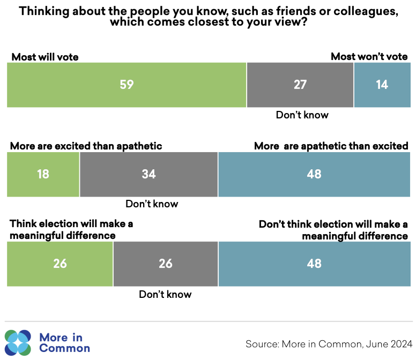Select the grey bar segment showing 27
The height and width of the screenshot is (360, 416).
[300, 85]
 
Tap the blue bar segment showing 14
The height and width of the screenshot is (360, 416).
[382, 85]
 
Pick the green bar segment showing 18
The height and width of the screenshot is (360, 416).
[43, 174]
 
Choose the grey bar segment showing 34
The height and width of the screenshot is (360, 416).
[148, 174]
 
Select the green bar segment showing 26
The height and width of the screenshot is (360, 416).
[60, 264]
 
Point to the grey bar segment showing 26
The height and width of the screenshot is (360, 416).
[166, 264]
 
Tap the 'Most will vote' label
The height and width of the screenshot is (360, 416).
[45, 57]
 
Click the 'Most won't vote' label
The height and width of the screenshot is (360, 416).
[369, 57]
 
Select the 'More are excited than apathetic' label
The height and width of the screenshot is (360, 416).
[86, 146]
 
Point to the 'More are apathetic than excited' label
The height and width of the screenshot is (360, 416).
[331, 146]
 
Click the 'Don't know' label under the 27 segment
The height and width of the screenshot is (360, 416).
[302, 115]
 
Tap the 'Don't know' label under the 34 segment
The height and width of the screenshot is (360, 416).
[152, 204]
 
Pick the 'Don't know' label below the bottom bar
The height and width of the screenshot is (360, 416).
[165, 294]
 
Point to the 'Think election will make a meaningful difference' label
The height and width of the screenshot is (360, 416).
[71, 230]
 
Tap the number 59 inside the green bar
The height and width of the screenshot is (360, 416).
[127, 85]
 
